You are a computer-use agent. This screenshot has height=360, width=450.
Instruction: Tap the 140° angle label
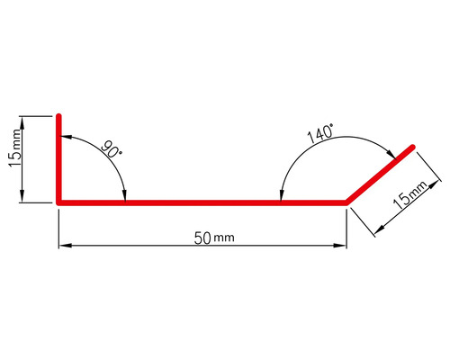pyautogui.click(x=321, y=135)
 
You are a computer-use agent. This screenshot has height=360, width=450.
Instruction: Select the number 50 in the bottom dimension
pyautogui.click(x=202, y=238)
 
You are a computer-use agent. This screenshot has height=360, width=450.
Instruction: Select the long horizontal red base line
pyautogui.click(x=202, y=203)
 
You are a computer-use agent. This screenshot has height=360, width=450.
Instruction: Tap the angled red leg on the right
pyautogui.click(x=380, y=175)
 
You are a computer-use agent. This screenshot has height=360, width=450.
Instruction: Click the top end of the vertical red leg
pyautogui.click(x=58, y=117)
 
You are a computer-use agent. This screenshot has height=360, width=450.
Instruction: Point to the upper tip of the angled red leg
pyautogui.click(x=412, y=147)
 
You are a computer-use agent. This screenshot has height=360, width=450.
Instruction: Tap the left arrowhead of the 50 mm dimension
pyautogui.click(x=62, y=245)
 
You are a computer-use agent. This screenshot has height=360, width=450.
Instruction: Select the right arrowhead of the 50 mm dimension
pyautogui.click(x=343, y=245)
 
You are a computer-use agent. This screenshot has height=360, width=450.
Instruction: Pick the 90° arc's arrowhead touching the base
pyautogui.click(x=124, y=198)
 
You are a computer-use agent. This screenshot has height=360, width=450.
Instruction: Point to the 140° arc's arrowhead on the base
pyautogui.click(x=281, y=198)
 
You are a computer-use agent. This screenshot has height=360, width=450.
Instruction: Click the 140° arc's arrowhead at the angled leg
pyautogui.click(x=392, y=161)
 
